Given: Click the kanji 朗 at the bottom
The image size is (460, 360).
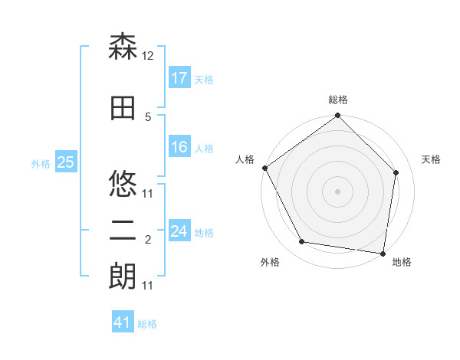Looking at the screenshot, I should [x=123, y=277].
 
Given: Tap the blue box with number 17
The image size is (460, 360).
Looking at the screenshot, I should [x=179, y=78].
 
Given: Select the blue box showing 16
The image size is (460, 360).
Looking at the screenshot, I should [x=179, y=148].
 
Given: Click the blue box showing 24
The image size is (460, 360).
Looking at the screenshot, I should [x=179, y=232].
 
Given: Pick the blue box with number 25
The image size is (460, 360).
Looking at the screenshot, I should [x=66, y=162].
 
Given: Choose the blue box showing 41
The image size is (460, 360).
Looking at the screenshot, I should [x=123, y=323].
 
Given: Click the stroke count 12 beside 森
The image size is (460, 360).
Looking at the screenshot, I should [x=148, y=55].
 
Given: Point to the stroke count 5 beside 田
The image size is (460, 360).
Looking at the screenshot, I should [x=148, y=116].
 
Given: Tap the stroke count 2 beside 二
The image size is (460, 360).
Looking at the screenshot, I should [x=148, y=240].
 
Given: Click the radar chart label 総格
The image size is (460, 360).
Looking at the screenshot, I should [x=338, y=100].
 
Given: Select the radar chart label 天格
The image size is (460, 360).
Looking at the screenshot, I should [x=431, y=159].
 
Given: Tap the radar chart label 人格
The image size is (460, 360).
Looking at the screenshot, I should [x=245, y=159].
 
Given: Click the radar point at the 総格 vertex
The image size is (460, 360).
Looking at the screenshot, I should [x=337, y=116].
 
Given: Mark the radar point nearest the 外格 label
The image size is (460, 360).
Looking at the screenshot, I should [x=302, y=242].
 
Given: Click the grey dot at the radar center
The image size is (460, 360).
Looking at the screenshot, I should [x=337, y=191].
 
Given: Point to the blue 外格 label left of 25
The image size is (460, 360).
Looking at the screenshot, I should [x=41, y=163].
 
